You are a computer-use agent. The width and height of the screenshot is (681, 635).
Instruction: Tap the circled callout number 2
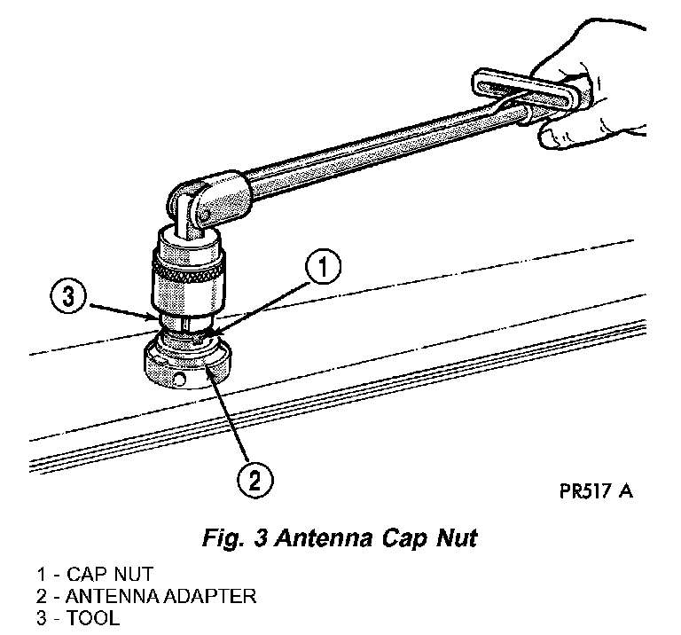[x=254, y=482]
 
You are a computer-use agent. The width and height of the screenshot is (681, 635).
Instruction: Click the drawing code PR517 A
[x=596, y=490]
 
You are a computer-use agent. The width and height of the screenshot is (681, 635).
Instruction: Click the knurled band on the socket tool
[x=188, y=267]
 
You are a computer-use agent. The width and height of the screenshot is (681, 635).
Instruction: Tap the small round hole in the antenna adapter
[x=179, y=382]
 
